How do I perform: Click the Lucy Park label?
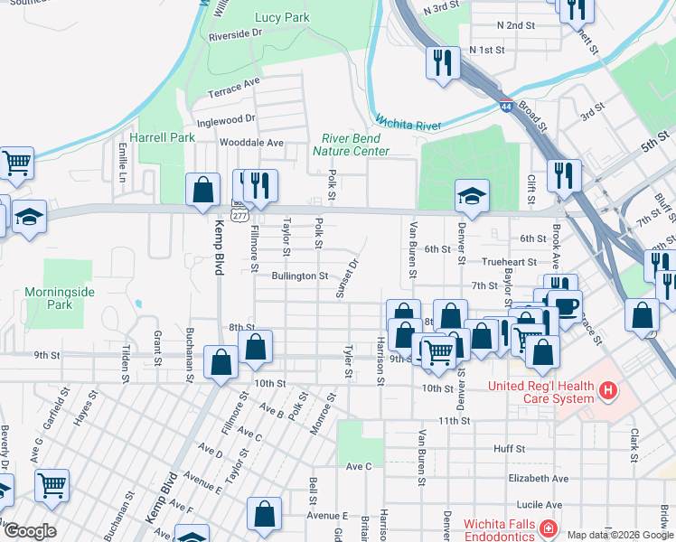click(x=282, y=17)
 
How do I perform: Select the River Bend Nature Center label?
click(x=351, y=145)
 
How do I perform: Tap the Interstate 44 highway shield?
click(x=506, y=107)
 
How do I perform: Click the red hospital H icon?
click(x=609, y=391)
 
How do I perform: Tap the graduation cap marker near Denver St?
click(x=471, y=194)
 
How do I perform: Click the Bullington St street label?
click(x=300, y=276)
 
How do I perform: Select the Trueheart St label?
click(x=510, y=261)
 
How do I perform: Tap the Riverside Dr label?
click(x=235, y=33)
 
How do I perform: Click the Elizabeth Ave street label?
click(x=538, y=478)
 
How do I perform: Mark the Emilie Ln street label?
click(x=122, y=162)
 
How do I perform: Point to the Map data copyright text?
click(x=620, y=535)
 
